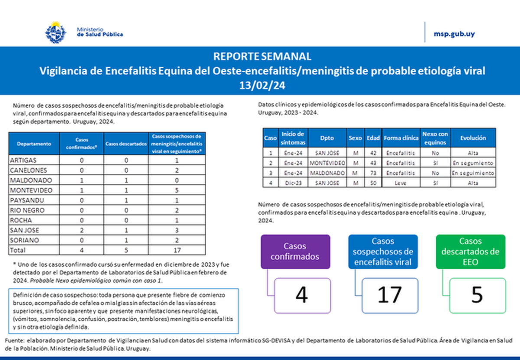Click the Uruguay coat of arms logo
point(55,32)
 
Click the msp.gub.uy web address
point(454,34)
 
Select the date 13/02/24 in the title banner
point(262,85)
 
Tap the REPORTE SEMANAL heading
point(262,56)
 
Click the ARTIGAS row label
point(21,160)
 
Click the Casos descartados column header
point(126,144)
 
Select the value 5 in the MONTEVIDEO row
point(177,190)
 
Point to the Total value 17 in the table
point(177,250)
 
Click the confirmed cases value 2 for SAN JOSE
point(82,230)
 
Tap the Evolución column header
point(473,138)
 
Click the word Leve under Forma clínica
point(400,183)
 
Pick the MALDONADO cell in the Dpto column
point(327,173)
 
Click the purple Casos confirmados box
point(295,252)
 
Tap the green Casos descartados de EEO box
point(470,252)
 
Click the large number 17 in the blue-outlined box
point(390,295)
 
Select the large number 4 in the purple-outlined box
point(302,295)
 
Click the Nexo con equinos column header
point(435,138)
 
